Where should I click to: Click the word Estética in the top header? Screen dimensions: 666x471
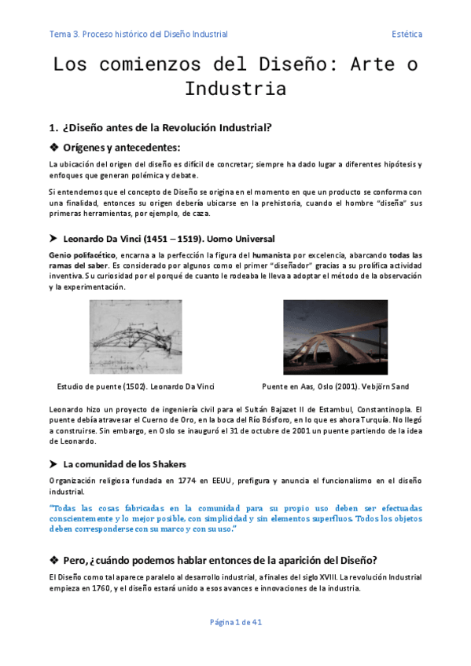(x=407, y=34)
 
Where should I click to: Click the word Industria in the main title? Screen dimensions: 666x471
(x=235, y=89)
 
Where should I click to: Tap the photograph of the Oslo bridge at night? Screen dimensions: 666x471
(x=335, y=337)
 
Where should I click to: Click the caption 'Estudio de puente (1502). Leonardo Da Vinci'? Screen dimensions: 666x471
(x=136, y=386)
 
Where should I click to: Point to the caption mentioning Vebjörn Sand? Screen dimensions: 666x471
(x=335, y=386)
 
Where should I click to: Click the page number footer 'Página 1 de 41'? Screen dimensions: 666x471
(x=235, y=622)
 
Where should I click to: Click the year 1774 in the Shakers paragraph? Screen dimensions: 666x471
(x=182, y=480)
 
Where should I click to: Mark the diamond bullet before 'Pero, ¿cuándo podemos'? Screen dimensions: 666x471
(x=53, y=559)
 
